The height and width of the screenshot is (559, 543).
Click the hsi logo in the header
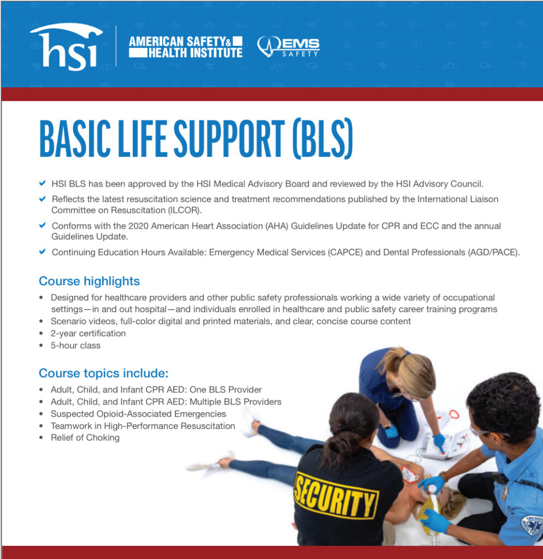[67, 46]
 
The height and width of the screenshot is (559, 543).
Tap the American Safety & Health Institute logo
[186, 47]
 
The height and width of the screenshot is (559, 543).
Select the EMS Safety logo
[288, 47]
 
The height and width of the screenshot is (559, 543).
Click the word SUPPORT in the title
[229, 139]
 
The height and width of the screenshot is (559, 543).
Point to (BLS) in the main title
[323, 139]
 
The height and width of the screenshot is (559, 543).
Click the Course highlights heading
[89, 281]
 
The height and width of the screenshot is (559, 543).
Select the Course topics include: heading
[103, 373]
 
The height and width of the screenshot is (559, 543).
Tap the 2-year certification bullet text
[88, 334]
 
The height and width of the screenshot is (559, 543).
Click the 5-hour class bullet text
[75, 346]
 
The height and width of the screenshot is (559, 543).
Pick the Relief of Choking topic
[85, 438]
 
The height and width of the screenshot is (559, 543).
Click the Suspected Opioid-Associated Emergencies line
[138, 414]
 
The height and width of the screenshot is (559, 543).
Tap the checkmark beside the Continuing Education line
[43, 252]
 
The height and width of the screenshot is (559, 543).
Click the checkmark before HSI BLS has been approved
[43, 183]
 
